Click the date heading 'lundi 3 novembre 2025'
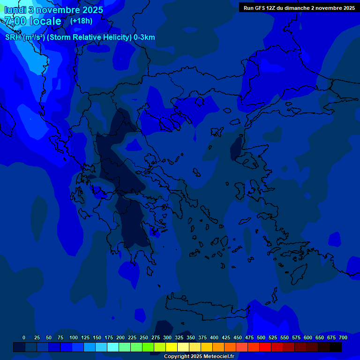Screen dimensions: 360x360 coord(54,10)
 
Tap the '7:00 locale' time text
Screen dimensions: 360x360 coord(33,21)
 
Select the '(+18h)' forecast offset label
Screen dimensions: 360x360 coord(81,21)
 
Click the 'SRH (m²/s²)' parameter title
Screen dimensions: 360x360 coord(25,37)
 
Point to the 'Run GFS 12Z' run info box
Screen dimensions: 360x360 coord(299,8)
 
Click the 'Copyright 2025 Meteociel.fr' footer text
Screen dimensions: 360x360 coord(199,356)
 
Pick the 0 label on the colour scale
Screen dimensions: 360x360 coord(24,337)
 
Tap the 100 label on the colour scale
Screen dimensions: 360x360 coord(74,337)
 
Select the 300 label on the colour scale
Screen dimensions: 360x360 coord(167,337)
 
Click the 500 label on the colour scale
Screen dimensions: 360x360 coord(261,337)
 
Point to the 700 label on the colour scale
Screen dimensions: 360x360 coord(343,337)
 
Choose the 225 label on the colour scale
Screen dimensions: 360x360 coord(132,337)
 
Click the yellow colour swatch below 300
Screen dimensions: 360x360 coord(172,347)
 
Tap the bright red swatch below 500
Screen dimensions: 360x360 coord(265,347)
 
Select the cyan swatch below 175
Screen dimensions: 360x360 coord(113,347)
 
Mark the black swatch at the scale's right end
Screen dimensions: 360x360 coord(336,347)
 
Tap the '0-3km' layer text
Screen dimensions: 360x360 coord(144,37)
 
